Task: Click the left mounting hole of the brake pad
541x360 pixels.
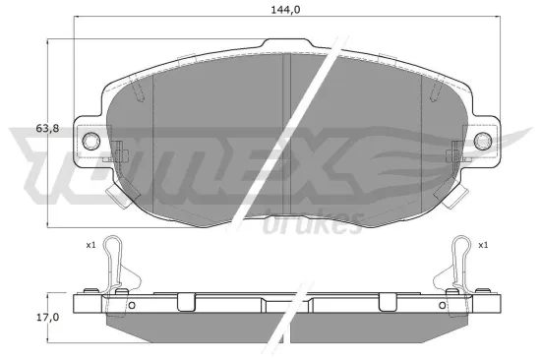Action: [x=93, y=142]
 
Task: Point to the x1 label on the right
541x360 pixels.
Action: [x=483, y=244]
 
